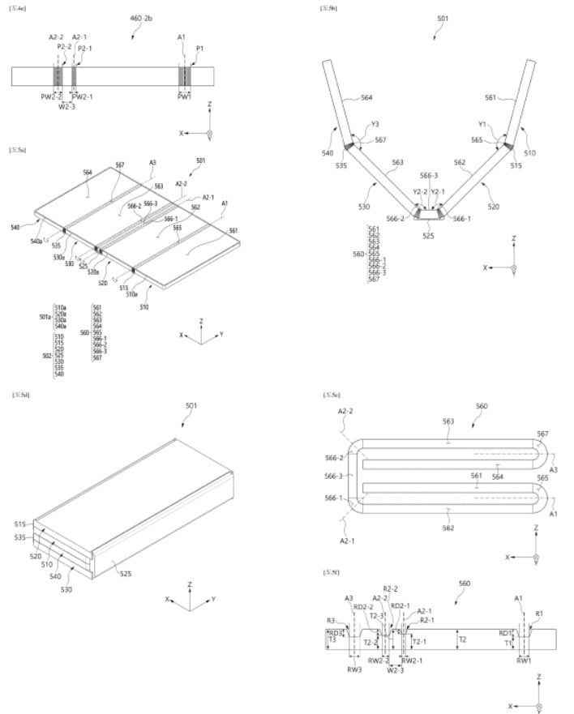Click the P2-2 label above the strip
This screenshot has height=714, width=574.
(64, 47)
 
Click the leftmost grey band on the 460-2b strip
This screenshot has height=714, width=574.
(58, 75)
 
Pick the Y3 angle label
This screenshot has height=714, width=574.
(375, 124)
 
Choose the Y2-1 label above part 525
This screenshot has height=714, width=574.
(439, 192)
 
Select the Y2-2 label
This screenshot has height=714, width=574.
(419, 192)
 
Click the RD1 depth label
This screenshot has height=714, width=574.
(505, 633)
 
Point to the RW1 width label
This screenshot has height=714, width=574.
(524, 661)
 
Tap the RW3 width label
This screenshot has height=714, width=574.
(354, 669)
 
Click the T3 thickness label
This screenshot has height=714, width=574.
(332, 640)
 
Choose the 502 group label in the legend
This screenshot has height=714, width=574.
(45, 355)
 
